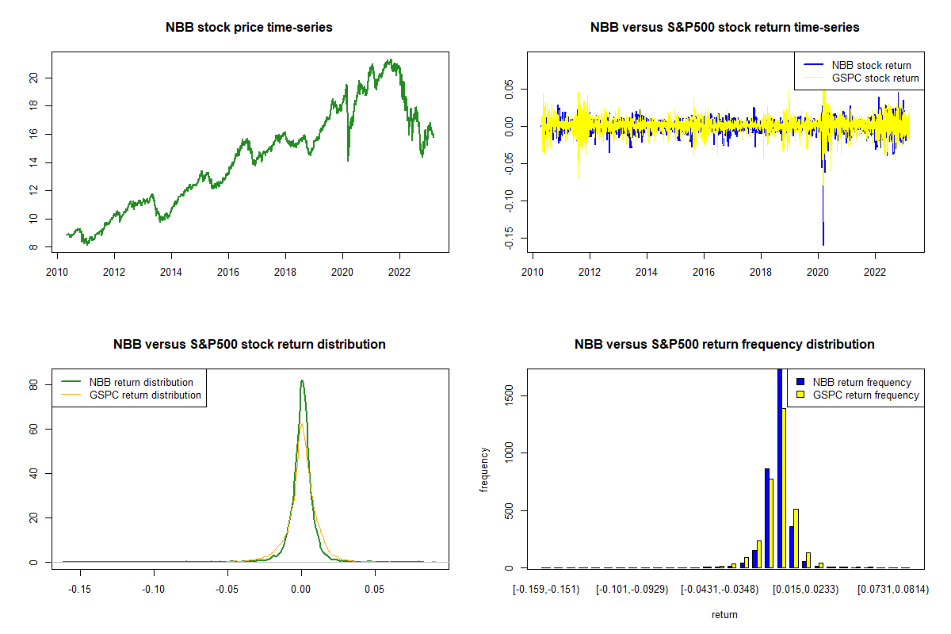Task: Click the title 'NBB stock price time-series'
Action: click(x=249, y=28)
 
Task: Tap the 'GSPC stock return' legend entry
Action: click(x=875, y=78)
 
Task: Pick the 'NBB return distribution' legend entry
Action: click(x=141, y=382)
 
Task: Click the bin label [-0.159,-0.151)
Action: click(x=546, y=590)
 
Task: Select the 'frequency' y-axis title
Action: click(x=484, y=469)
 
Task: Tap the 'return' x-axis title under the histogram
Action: click(x=724, y=614)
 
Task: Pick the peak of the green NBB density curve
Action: click(x=302, y=381)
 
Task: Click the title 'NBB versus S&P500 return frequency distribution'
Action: click(x=724, y=345)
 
